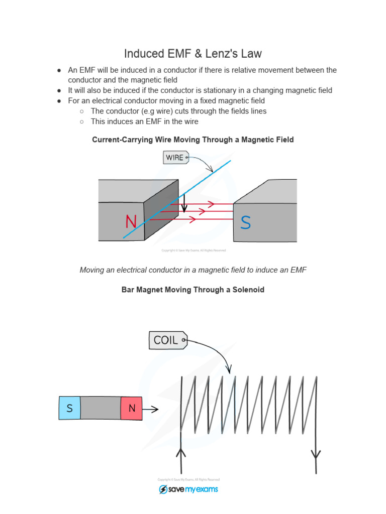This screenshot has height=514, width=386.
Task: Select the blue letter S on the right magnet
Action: [245, 223]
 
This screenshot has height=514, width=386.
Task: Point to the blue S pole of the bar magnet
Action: [69, 409]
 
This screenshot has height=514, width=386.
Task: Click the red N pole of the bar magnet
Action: [132, 409]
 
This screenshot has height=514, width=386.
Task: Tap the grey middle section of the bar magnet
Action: [101, 409]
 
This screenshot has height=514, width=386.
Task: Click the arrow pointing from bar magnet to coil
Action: [151, 409]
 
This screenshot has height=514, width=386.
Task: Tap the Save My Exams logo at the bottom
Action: [188, 489]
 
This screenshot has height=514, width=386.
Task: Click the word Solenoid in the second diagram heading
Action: [247, 290]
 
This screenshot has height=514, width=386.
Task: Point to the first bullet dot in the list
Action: [59, 70]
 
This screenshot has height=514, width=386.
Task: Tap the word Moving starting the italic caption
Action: [93, 270]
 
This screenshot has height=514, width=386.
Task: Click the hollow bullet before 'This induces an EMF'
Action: [82, 121]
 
